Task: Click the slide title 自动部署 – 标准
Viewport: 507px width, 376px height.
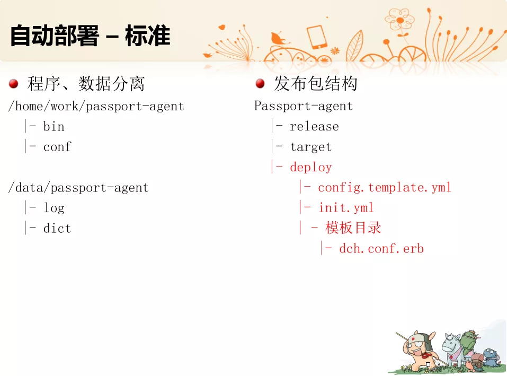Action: coord(90,36)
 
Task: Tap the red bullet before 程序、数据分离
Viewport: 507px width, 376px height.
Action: coord(14,84)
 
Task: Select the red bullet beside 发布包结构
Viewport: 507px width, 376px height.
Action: coord(260,83)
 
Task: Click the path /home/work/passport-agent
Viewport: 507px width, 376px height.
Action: coord(96,106)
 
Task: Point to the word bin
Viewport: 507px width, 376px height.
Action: coord(54,126)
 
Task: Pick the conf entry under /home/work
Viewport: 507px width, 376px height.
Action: coord(57,146)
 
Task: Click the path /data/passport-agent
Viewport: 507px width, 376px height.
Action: coord(78,188)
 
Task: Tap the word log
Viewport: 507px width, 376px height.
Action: coord(54,208)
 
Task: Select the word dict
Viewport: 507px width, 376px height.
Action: coord(57,228)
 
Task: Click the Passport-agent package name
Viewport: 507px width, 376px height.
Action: coord(303,106)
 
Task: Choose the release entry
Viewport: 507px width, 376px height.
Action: coord(314,126)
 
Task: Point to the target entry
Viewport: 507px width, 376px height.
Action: coord(311,147)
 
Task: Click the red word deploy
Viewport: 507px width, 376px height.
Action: coord(311,167)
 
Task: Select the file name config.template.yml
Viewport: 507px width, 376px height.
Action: coord(385,187)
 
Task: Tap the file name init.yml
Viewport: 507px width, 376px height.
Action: coord(346,208)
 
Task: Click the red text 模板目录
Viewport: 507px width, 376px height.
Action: coord(353,228)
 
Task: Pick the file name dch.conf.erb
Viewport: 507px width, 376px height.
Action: coord(381,249)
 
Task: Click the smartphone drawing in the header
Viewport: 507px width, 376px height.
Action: coord(317,37)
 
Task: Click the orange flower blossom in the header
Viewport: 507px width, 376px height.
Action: coord(399,20)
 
